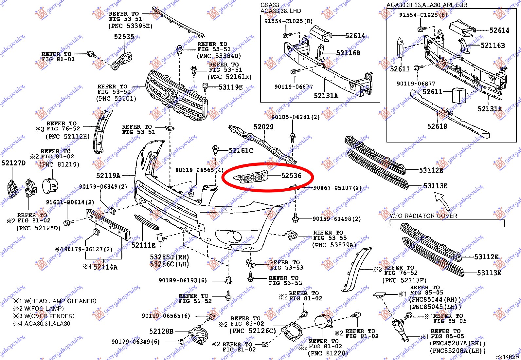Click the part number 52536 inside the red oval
click(x=291, y=176)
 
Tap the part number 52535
click(x=124, y=37)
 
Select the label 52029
click(x=263, y=127)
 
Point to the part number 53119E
click(x=231, y=87)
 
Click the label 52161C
click(x=241, y=151)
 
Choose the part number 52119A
click(x=108, y=176)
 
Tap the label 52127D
click(x=13, y=163)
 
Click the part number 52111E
click(x=144, y=245)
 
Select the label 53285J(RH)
click(x=170, y=257)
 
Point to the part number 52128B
click(x=161, y=332)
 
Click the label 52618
click(x=437, y=126)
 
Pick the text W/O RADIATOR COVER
click(x=423, y=216)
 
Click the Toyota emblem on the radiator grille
click(x=171, y=95)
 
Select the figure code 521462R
click(x=507, y=357)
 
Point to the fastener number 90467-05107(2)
click(x=337, y=188)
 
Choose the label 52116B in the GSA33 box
click(x=348, y=53)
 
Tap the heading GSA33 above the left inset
click(x=270, y=5)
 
